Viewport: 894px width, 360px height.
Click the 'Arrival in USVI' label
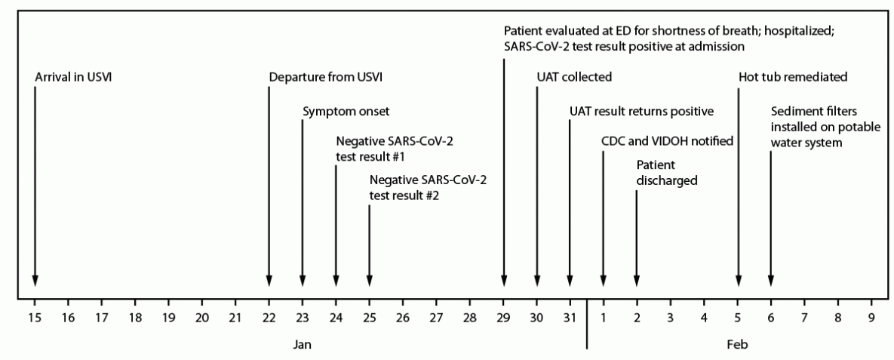click(73, 77)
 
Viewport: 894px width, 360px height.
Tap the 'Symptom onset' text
click(346, 111)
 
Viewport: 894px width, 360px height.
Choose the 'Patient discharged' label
click(666, 173)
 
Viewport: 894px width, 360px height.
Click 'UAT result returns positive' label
click(641, 111)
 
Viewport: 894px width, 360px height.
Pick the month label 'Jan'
click(302, 343)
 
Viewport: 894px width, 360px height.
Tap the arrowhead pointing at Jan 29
click(504, 282)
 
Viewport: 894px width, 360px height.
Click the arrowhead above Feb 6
click(771, 282)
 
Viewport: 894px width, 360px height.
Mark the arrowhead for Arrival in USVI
click(35, 282)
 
